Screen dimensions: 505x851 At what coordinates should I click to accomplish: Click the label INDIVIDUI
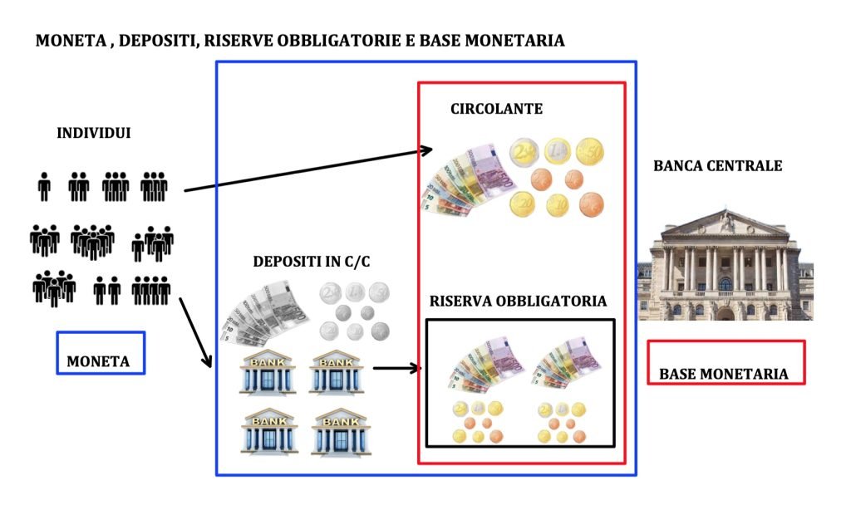click(93, 133)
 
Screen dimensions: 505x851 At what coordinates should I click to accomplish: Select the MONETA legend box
click(101, 353)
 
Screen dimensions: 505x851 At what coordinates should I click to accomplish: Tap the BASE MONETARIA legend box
click(725, 362)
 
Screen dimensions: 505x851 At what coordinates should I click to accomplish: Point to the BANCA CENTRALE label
click(717, 166)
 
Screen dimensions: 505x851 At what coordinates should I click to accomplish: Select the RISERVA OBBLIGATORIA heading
click(518, 301)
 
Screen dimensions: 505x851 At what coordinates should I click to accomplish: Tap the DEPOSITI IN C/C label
click(312, 262)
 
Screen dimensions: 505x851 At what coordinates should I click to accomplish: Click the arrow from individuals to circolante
click(307, 170)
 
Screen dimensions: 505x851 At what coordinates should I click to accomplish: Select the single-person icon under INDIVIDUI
click(44, 187)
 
